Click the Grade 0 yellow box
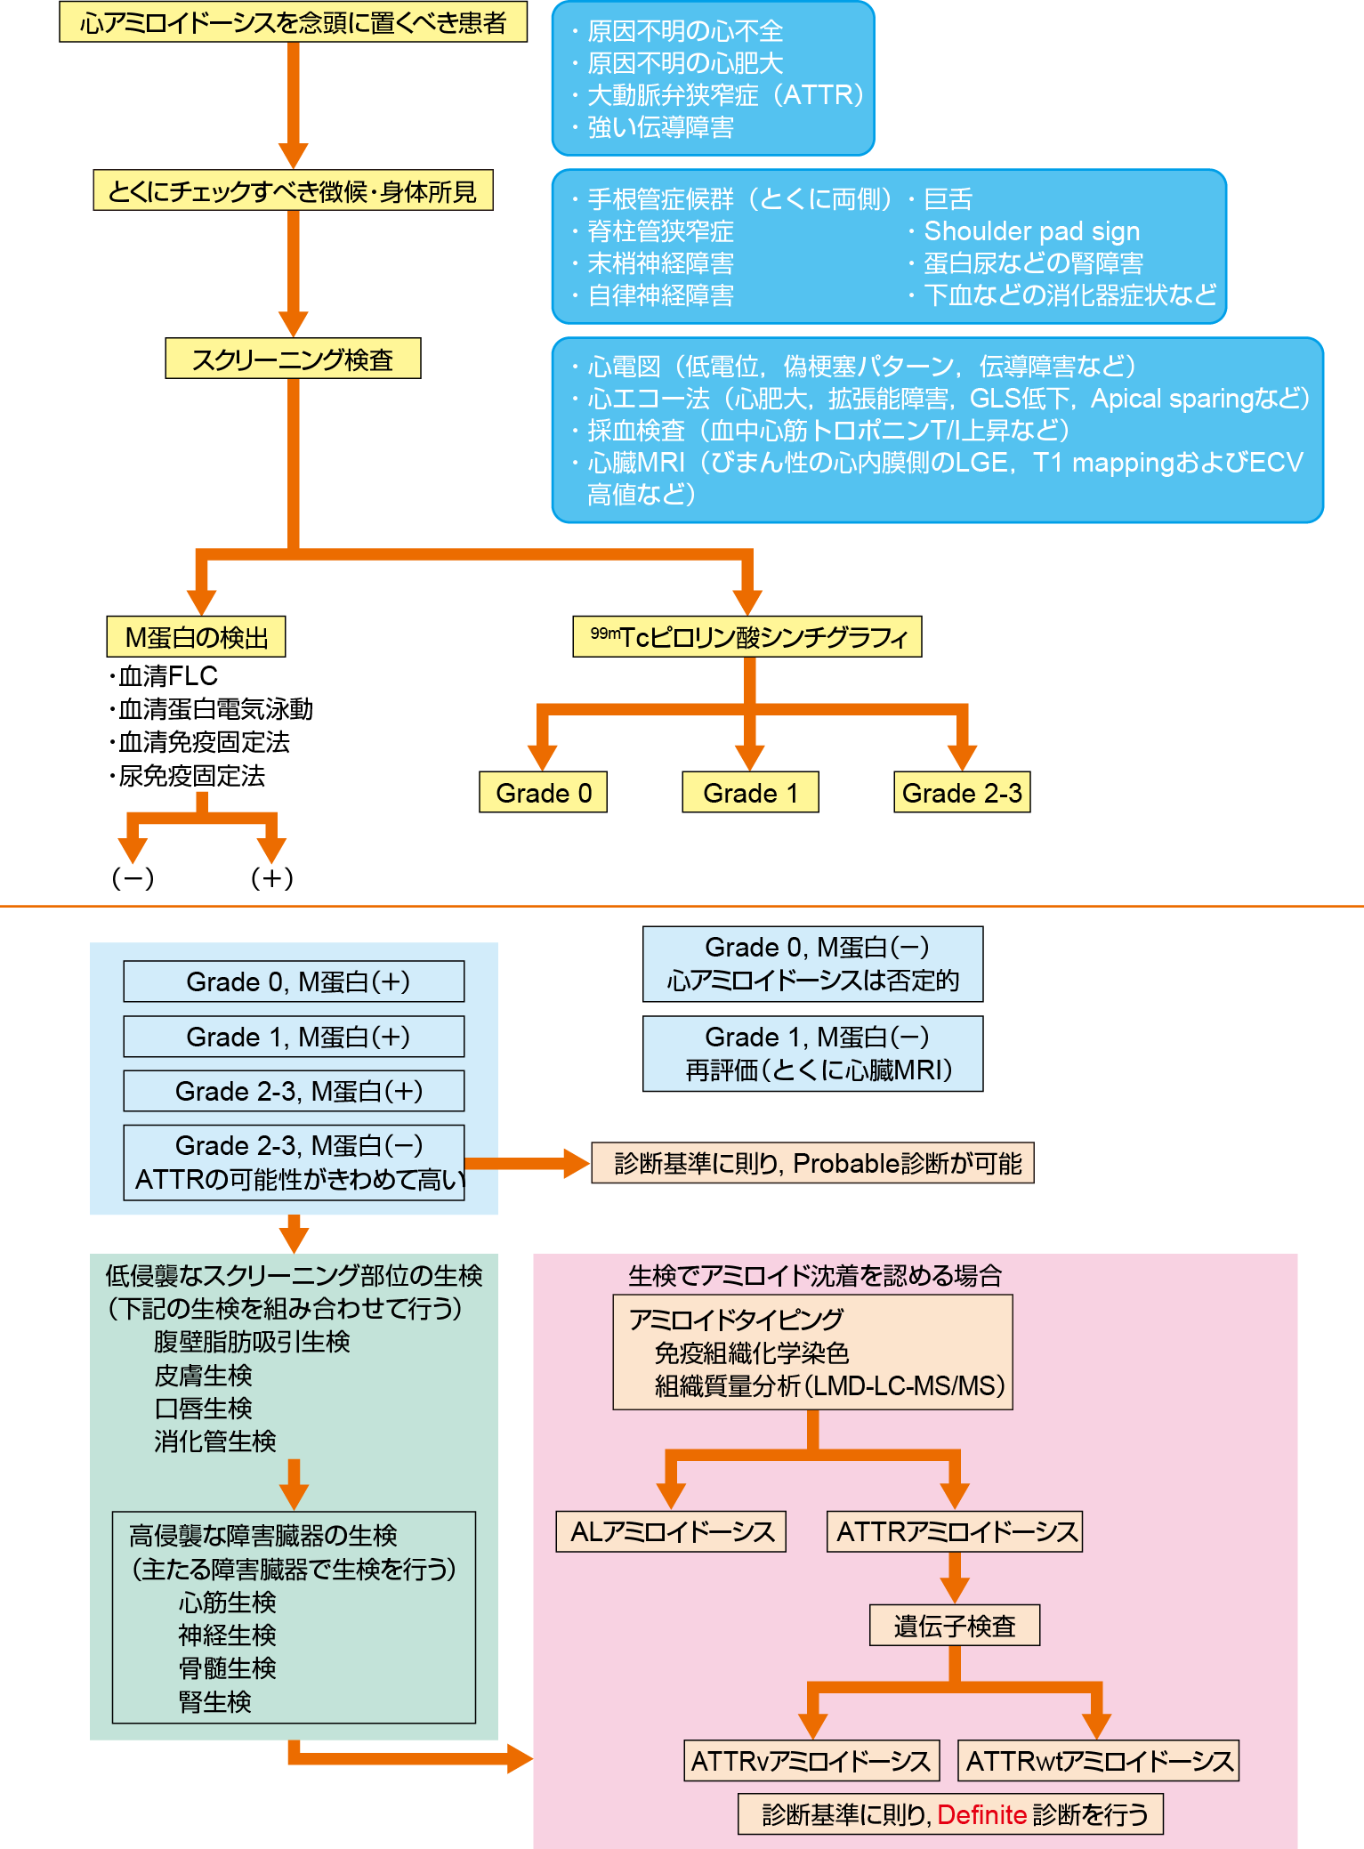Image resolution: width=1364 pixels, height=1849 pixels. pyautogui.click(x=543, y=792)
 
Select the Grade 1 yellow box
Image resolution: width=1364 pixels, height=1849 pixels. pyautogui.click(x=750, y=792)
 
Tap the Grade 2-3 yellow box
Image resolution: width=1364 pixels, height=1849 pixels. pyautogui.click(x=962, y=792)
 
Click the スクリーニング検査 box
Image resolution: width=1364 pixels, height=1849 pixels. pyautogui.click(x=293, y=359)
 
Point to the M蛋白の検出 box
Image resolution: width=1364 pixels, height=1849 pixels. pyautogui.click(x=196, y=637)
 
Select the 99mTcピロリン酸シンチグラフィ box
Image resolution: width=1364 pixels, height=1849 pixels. pyautogui.click(x=747, y=637)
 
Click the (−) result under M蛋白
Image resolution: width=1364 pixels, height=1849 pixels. pyautogui.click(x=133, y=878)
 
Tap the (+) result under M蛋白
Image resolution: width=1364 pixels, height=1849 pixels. pyautogui.click(x=271, y=878)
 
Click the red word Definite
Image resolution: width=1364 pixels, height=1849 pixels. pyautogui.click(x=981, y=1814)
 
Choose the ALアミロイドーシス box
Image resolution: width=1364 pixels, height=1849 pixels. pyautogui.click(x=671, y=1531)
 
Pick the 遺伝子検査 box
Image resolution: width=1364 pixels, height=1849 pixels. pyautogui.click(x=955, y=1626)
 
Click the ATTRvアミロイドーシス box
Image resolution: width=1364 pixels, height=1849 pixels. pyautogui.click(x=811, y=1761)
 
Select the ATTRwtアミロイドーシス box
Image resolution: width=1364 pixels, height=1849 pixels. pyautogui.click(x=1099, y=1761)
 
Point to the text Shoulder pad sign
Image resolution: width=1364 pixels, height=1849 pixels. pyautogui.click(x=1031, y=231)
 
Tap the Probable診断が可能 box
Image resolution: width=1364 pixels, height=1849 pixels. pyautogui.click(x=813, y=1163)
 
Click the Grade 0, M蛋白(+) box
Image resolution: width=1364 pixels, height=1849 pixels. pyautogui.click(x=294, y=981)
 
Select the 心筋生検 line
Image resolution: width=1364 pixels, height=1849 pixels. pyautogui.click(x=227, y=1602)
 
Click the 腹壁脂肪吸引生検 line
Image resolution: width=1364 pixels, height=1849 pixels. pyautogui.click(x=252, y=1341)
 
